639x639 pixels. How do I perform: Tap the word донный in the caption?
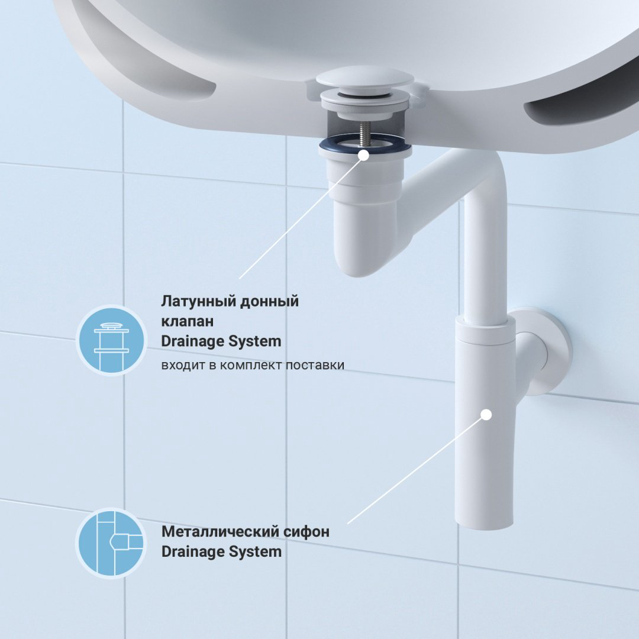click(269, 302)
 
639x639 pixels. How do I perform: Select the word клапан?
click(187, 321)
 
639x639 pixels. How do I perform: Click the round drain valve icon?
click(112, 340)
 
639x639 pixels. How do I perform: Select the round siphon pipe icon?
click(112, 543)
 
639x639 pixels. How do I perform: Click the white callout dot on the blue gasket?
click(364, 155)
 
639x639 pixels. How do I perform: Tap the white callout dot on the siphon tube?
click(486, 415)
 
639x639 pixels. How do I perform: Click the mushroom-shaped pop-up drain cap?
click(365, 78)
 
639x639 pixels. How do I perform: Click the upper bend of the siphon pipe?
click(485, 171)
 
